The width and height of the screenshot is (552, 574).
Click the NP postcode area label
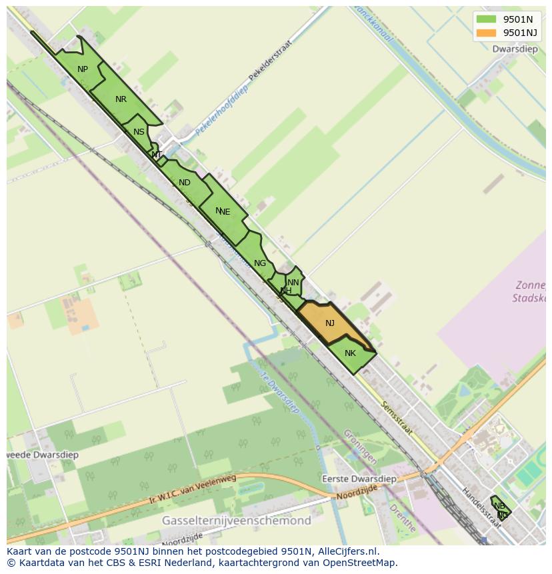(83, 69)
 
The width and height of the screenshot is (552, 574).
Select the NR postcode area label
(121, 99)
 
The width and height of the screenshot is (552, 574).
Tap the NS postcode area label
(139, 132)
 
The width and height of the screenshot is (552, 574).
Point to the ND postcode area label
(185, 183)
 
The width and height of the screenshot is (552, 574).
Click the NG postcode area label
(260, 263)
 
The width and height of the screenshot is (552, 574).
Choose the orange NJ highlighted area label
(330, 323)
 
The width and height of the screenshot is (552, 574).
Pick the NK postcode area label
(350, 353)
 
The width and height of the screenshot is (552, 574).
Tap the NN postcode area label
(293, 283)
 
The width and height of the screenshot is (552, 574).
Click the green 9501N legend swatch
(487, 19)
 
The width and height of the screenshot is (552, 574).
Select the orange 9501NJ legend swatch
(487, 33)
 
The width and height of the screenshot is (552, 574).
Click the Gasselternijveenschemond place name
(237, 520)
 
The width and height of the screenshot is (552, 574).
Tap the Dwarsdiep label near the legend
(515, 49)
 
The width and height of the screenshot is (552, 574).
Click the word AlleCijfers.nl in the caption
(348, 551)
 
